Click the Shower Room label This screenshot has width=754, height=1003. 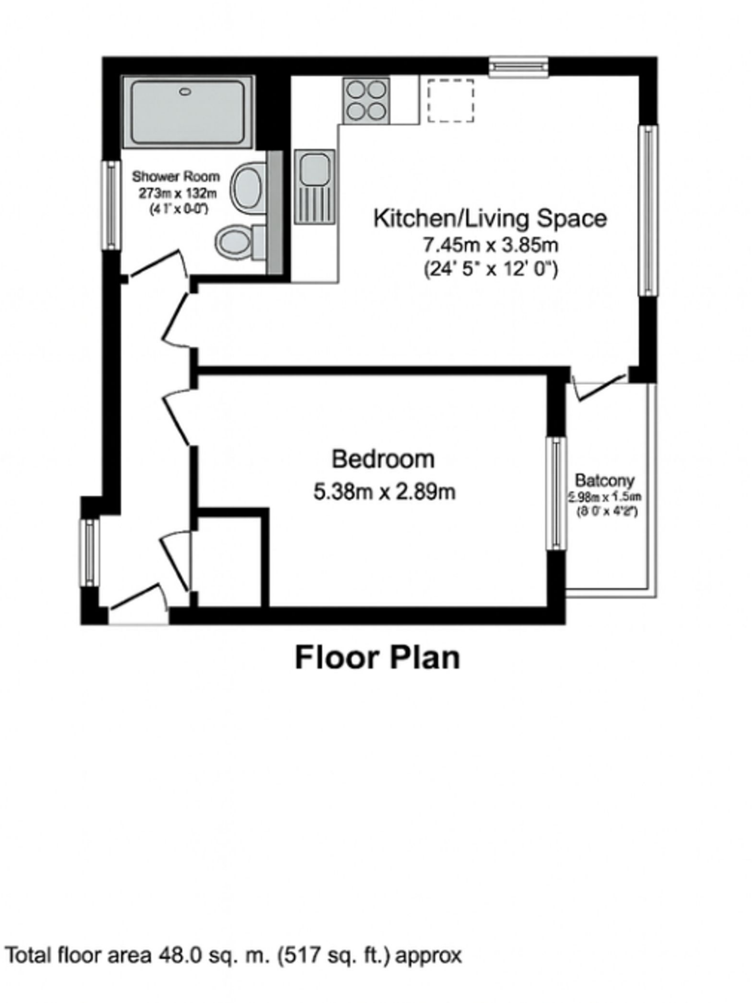(176, 176)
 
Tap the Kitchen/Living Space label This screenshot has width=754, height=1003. (490, 218)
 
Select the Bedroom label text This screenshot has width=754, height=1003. (383, 459)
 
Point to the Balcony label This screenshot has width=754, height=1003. (605, 480)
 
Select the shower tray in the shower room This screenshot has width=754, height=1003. (188, 112)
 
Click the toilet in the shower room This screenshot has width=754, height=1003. (235, 241)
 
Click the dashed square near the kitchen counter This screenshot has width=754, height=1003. (450, 100)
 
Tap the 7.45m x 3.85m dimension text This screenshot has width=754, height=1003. (490, 244)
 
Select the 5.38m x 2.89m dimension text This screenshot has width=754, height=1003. (384, 492)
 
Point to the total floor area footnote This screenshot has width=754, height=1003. (233, 955)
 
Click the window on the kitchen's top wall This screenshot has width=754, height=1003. (518, 67)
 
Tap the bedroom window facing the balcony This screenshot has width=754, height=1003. (556, 493)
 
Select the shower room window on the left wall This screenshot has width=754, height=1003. (112, 205)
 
